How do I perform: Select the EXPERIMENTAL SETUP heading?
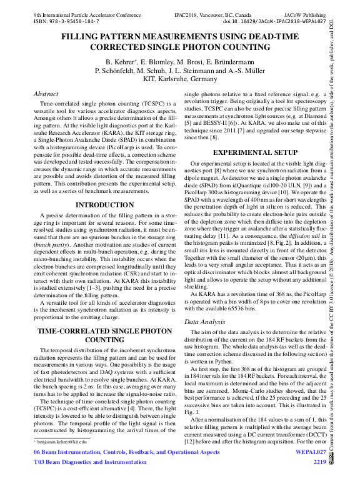tap(255, 152)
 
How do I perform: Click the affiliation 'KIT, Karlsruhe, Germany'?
tap(180, 79)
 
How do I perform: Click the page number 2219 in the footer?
tap(319, 462)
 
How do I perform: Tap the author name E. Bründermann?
tap(234, 62)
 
